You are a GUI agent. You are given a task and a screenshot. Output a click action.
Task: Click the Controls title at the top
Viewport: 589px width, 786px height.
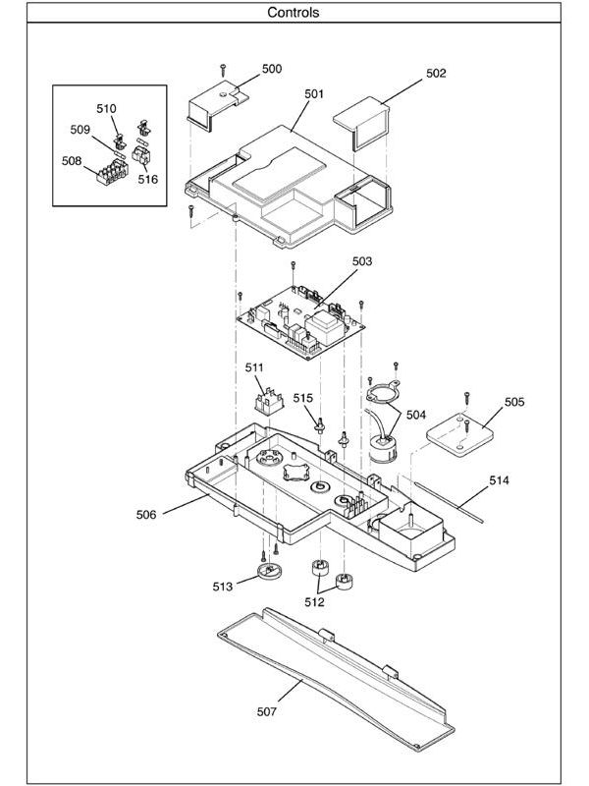[294, 13]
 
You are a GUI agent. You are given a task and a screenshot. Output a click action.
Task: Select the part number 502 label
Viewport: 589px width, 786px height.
[436, 73]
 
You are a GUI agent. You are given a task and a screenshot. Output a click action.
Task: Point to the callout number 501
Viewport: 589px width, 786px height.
[314, 94]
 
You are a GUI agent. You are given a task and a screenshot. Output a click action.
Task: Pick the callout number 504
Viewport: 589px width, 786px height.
[415, 415]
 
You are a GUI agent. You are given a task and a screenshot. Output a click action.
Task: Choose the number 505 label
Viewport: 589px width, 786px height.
[515, 402]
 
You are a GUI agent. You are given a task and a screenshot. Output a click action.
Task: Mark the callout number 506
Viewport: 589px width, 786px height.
[144, 512]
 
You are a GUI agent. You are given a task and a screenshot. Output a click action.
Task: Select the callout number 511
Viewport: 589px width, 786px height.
[255, 366]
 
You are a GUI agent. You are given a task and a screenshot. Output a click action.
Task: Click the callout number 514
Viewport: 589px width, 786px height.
[500, 480]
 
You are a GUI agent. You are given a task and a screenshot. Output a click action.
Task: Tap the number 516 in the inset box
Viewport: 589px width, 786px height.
[147, 180]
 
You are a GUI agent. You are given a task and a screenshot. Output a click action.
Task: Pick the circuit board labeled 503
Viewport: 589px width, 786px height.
[301, 319]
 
